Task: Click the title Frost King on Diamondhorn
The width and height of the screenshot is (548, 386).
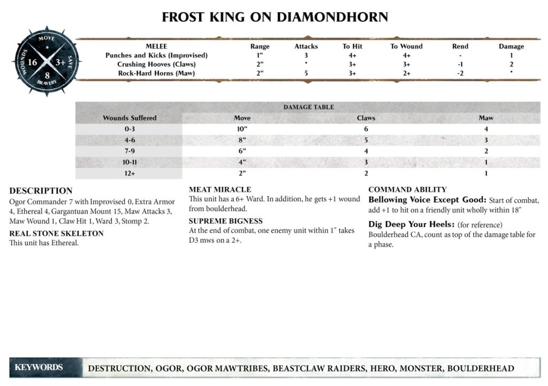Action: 275,17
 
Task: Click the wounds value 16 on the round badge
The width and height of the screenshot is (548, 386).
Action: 32,63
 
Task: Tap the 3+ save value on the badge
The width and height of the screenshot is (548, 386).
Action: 60,63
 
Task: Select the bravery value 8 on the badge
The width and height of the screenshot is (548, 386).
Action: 47,75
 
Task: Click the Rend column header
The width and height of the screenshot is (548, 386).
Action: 460,47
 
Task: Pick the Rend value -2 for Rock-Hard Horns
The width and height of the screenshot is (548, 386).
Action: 460,73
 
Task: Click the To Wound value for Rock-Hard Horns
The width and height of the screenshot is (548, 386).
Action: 406,73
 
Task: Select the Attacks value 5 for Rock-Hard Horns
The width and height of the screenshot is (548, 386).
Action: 306,73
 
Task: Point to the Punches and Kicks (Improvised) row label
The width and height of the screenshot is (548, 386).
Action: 156,55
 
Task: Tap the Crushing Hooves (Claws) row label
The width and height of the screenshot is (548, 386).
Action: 156,64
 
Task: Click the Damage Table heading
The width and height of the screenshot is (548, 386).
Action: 308,107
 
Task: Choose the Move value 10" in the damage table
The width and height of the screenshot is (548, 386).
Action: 242,129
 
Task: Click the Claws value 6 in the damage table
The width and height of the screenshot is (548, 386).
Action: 366,129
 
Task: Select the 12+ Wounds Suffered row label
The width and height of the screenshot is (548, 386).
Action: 130,173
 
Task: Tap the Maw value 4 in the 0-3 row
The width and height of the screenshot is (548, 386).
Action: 486,129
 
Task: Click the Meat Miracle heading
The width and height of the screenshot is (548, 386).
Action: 220,190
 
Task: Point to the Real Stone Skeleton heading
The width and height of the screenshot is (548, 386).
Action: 56,233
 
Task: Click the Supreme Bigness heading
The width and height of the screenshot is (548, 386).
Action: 225,221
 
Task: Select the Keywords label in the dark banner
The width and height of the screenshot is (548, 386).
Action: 39,367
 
